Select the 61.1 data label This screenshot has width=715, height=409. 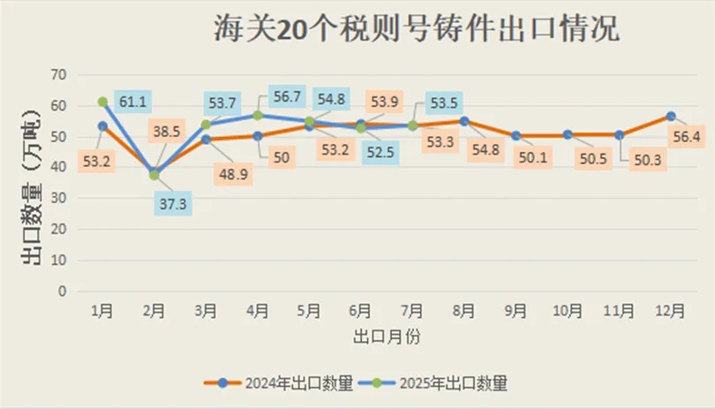[134, 102]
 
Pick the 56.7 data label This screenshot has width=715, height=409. [288, 97]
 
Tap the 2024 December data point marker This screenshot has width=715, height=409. [671, 116]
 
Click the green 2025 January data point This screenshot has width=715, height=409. [102, 102]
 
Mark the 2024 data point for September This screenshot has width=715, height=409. [516, 136]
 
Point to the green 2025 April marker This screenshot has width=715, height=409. [258, 116]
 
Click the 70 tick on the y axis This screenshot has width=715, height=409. [59, 74]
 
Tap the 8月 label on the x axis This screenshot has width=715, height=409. [464, 311]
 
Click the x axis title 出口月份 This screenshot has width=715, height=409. [383, 337]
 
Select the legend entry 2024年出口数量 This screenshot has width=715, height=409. [279, 383]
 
